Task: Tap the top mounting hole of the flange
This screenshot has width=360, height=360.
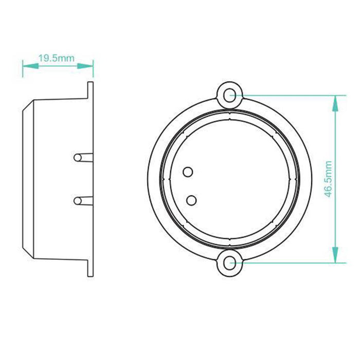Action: (x=230, y=95)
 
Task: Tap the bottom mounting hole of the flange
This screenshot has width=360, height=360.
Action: (x=229, y=263)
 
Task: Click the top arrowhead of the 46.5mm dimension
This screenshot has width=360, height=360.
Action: (x=335, y=102)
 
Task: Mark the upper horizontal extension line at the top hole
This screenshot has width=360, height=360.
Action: (x=288, y=95)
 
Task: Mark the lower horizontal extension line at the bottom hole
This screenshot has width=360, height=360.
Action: (x=288, y=263)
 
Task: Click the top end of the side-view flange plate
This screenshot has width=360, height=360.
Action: (x=91, y=84)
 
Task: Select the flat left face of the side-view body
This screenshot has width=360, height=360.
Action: (x=23, y=178)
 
